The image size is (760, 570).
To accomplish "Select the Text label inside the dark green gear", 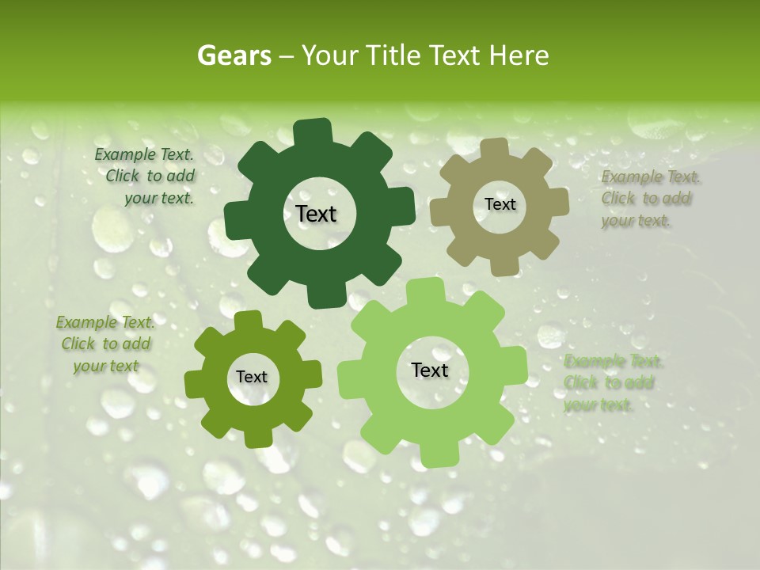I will point(316,214).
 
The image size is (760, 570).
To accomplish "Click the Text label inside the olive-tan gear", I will point(500,204).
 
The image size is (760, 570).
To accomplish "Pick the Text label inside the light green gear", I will point(429,370).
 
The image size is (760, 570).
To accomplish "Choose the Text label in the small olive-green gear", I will point(252,378).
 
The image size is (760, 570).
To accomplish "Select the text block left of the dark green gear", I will point(146,177).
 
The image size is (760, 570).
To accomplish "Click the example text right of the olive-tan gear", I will point(648,199).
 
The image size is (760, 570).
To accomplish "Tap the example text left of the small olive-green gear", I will point(104,344).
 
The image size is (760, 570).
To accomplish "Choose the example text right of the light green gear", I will point(611,383).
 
